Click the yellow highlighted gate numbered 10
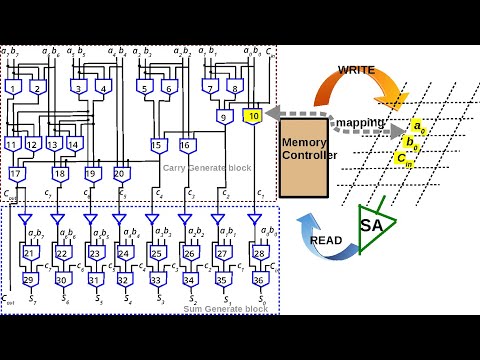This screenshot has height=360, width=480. coord(254,117)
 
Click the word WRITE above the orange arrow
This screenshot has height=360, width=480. coord(357,70)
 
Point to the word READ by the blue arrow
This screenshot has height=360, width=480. coord(326,241)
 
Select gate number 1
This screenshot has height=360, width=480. coord(14,88)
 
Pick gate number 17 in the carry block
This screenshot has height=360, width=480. coord(15,174)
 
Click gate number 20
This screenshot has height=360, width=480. coord(121,174)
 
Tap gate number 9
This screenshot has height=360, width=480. coord(227,117)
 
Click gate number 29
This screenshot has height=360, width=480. coord(29,279)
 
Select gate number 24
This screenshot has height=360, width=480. coord(123,254)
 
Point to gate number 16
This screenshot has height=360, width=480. coord(186,146)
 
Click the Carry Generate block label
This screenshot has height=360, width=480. coord(207,167)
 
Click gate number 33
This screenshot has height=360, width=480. coord(156,279)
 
